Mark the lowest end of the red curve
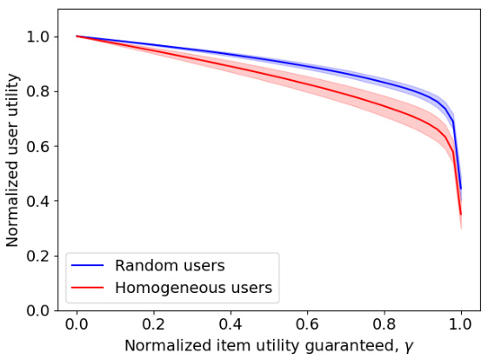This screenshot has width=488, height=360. click(x=460, y=214)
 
